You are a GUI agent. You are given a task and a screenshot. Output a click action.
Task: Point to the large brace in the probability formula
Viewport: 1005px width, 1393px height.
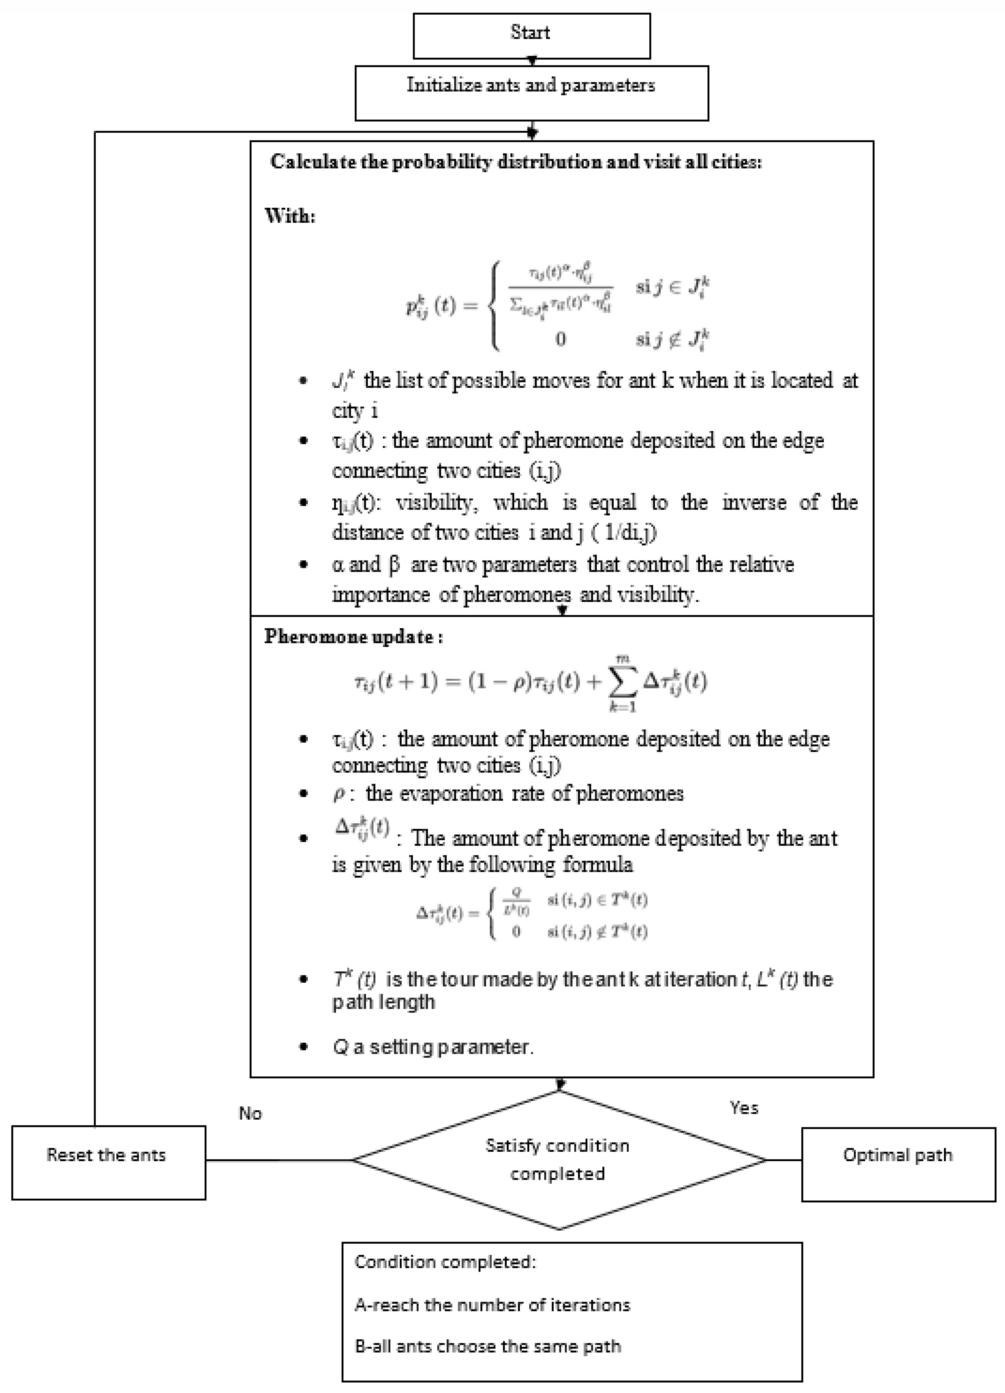pos(494,305)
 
